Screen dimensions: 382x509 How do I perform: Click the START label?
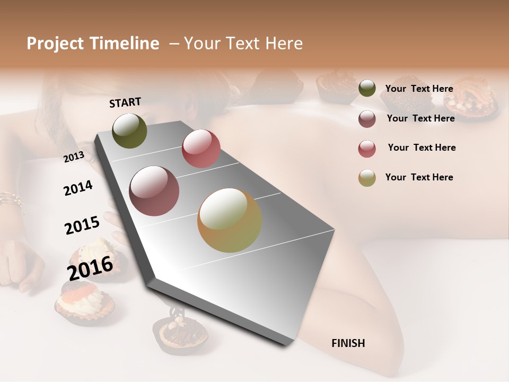tap(125, 102)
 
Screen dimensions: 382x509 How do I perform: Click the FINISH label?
tap(348, 343)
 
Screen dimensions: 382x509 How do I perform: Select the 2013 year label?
tap(74, 157)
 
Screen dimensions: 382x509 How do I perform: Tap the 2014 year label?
tap(78, 188)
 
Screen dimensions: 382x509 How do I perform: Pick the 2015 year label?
tap(82, 225)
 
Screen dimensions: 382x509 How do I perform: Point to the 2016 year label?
tap(90, 268)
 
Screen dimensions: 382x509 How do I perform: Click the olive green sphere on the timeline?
tap(129, 131)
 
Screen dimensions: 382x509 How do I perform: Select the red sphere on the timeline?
tap(201, 149)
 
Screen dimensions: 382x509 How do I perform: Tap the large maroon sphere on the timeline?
tap(154, 190)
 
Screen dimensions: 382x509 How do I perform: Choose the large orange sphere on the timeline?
tap(230, 220)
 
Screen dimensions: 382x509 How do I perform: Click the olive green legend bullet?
tap(367, 89)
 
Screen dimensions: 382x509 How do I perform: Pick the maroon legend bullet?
tap(367, 119)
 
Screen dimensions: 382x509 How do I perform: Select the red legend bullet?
tap(367, 149)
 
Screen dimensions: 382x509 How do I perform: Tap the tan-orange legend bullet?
tap(367, 178)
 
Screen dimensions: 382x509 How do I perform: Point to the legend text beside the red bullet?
tap(422, 147)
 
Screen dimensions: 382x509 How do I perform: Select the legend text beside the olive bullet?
tap(419, 89)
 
